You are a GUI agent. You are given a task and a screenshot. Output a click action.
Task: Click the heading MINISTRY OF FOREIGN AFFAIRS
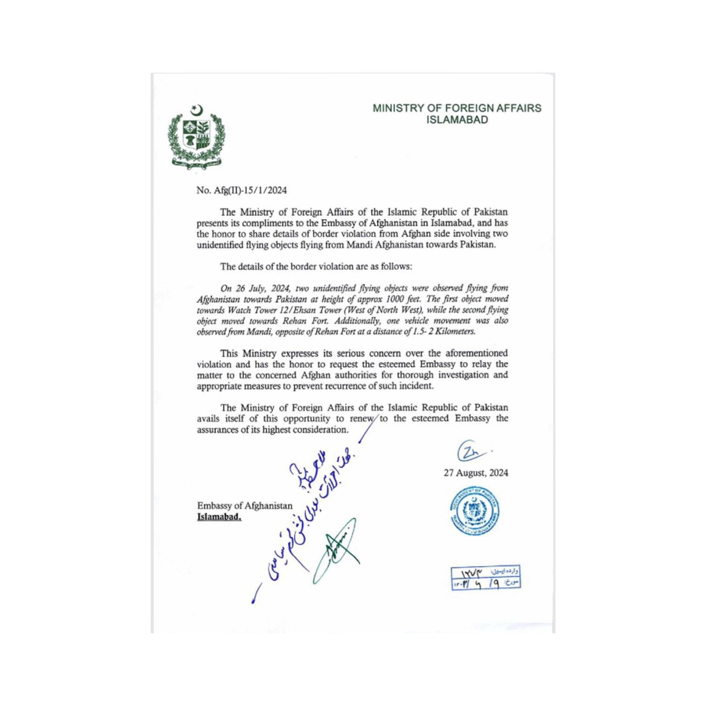[457, 108]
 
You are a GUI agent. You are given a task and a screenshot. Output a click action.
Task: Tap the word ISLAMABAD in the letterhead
[457, 120]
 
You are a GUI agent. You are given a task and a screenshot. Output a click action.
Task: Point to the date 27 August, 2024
[476, 473]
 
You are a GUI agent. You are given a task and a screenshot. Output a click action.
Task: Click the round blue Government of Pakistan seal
[475, 511]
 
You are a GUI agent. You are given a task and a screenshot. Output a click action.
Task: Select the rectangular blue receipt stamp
[485, 578]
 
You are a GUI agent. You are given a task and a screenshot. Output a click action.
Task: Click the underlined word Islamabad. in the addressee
[219, 517]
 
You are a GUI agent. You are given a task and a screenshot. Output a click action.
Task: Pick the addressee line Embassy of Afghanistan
[244, 506]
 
